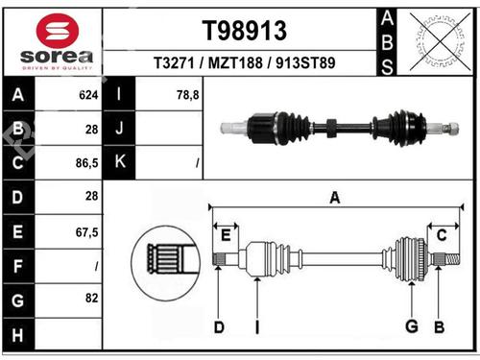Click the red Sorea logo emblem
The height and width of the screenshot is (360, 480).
58,31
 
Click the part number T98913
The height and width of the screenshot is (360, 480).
245,31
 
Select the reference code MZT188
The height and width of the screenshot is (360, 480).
235,62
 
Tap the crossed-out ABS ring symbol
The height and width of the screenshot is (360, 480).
441,41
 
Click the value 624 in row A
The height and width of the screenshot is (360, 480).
88,95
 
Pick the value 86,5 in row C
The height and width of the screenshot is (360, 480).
87,163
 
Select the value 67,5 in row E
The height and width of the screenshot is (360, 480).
87,232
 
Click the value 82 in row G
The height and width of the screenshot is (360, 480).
92,299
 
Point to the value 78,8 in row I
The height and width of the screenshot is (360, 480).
188,95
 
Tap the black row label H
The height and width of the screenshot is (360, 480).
18,335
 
